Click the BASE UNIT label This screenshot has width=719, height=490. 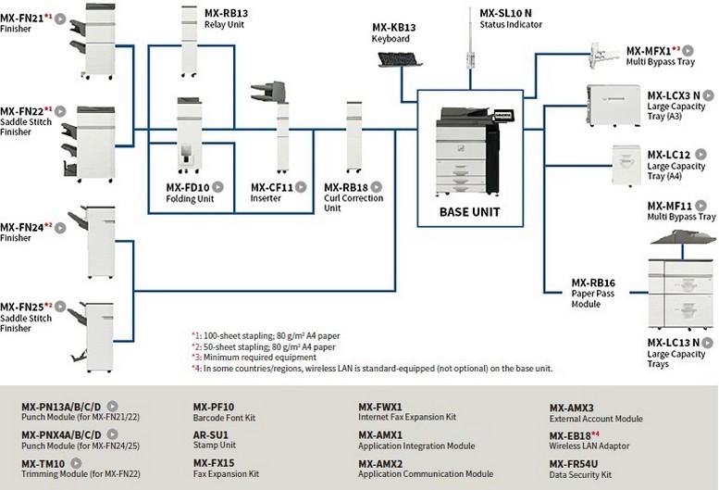click(469, 212)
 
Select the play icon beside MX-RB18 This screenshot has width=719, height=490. click(377, 187)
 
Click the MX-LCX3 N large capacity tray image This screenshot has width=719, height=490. click(612, 107)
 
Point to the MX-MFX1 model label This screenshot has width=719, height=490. click(648, 50)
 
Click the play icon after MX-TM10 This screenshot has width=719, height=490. click(76, 461)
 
